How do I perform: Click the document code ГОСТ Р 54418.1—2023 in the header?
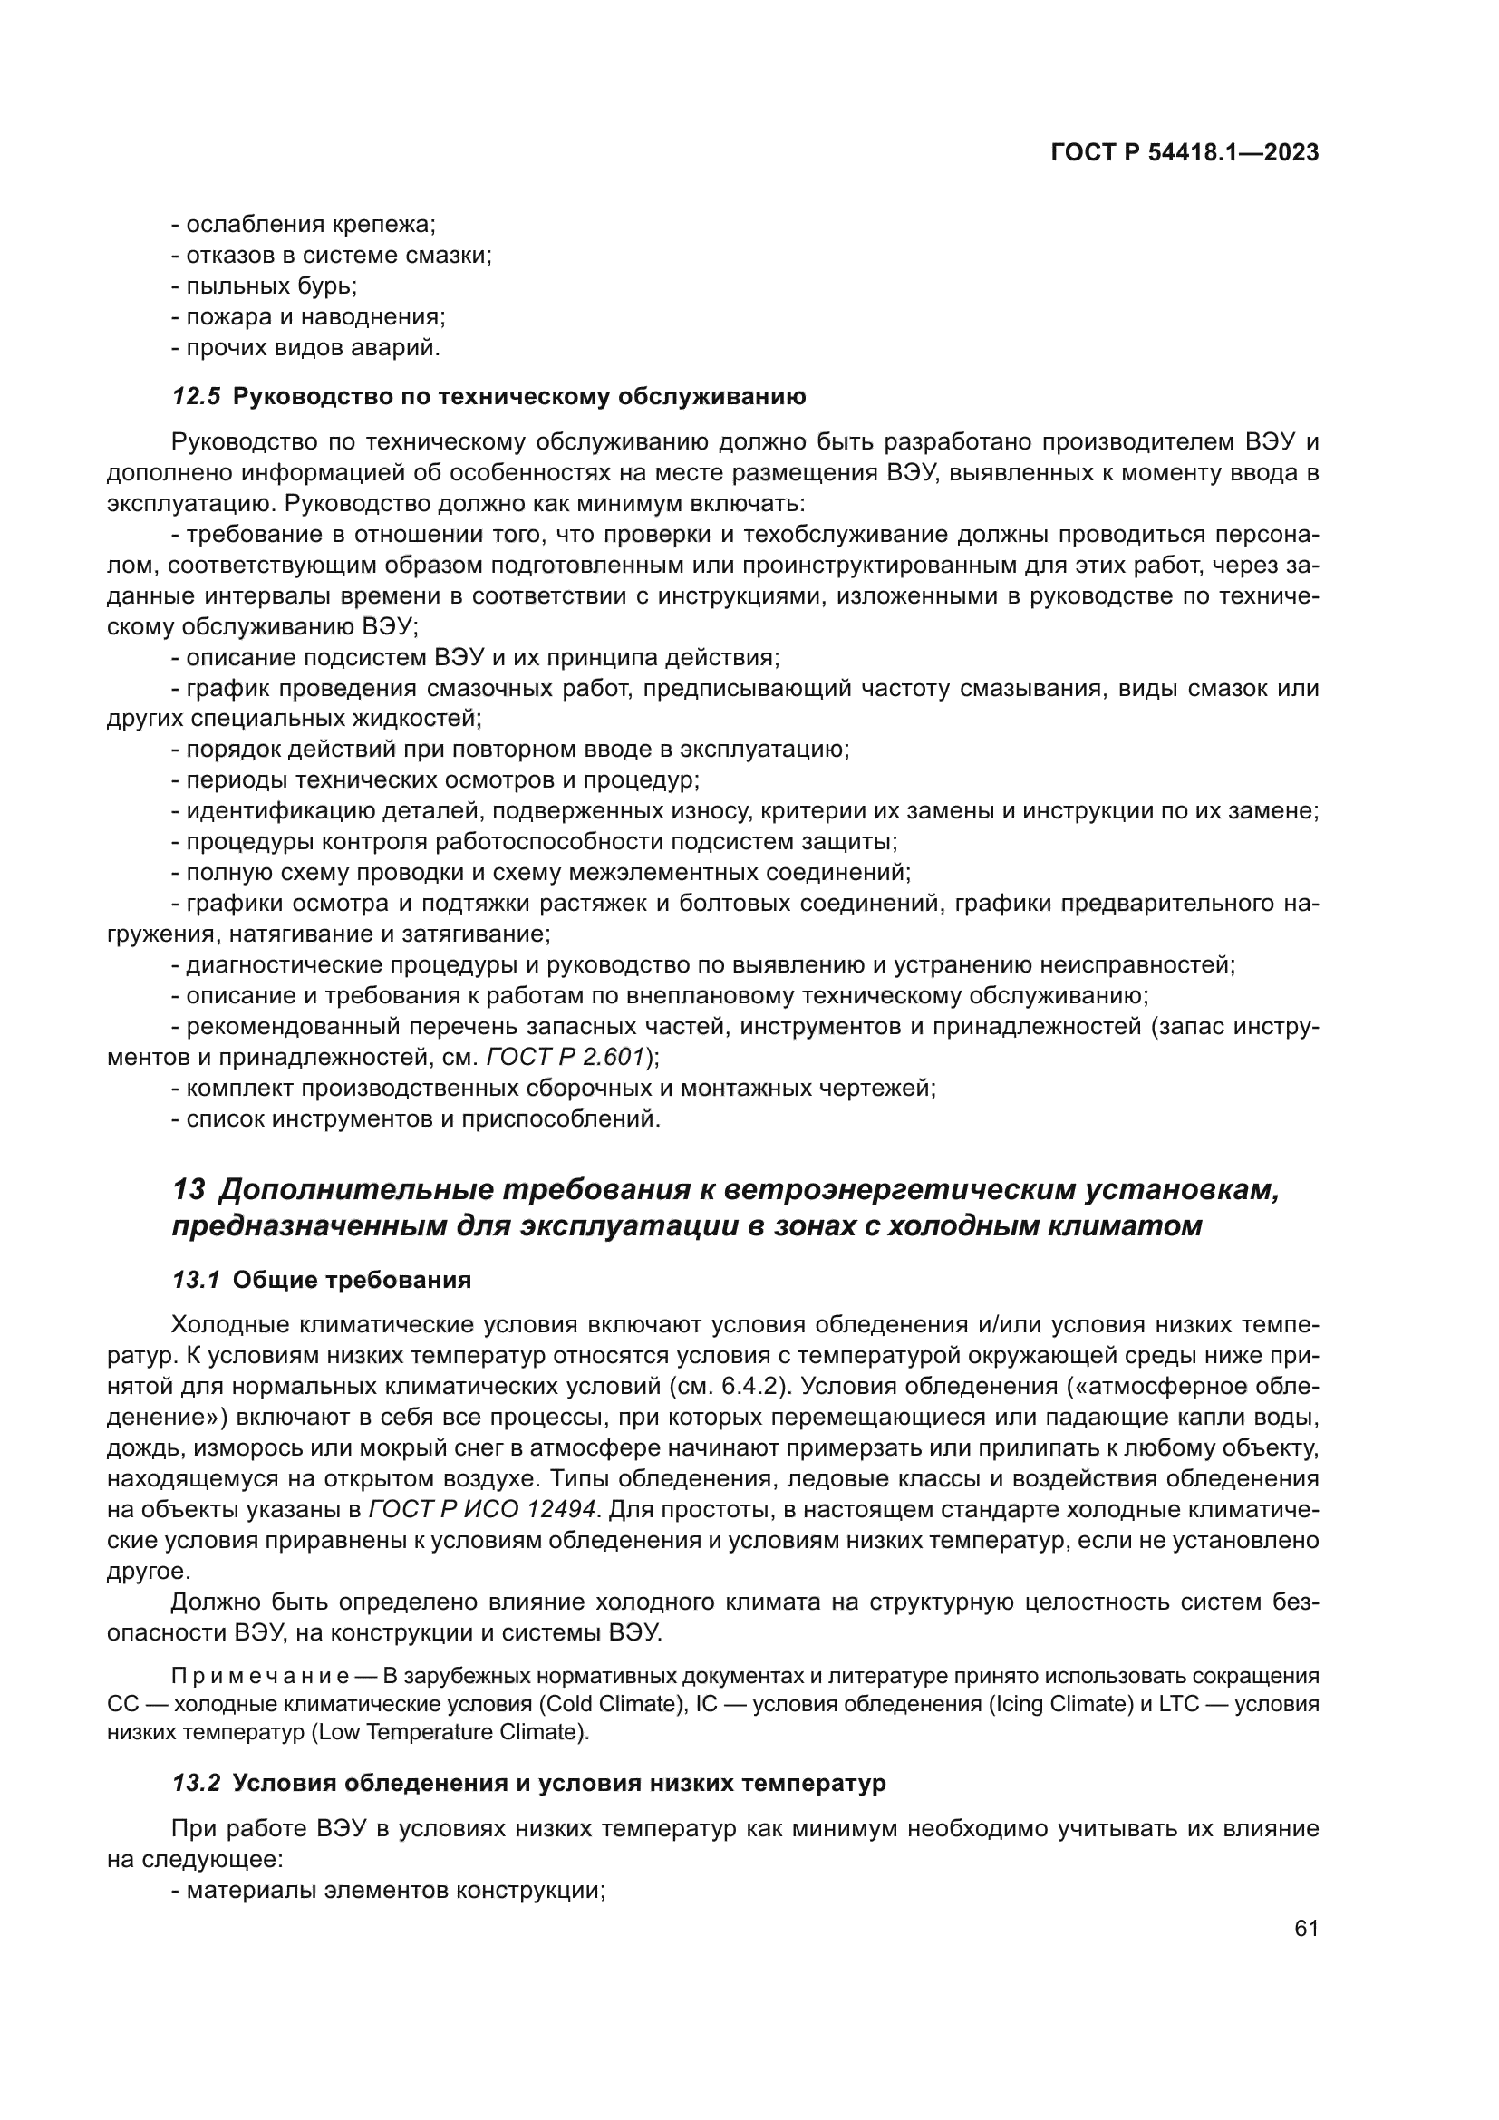pyautogui.click(x=1185, y=153)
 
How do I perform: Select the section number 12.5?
pyautogui.click(x=196, y=397)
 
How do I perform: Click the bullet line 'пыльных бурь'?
pyautogui.click(x=264, y=286)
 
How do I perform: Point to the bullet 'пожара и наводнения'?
pyautogui.click(x=308, y=317)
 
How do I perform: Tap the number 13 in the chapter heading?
pyautogui.click(x=189, y=1190)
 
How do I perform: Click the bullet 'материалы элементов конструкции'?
pyautogui.click(x=388, y=1890)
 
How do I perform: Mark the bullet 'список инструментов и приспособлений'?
pyautogui.click(x=415, y=1120)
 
